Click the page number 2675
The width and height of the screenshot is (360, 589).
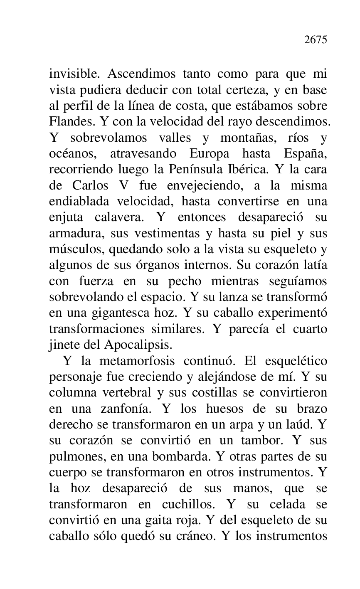pos(316,40)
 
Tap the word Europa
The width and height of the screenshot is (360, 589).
pos(210,154)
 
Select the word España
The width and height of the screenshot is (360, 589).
pos(306,154)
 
